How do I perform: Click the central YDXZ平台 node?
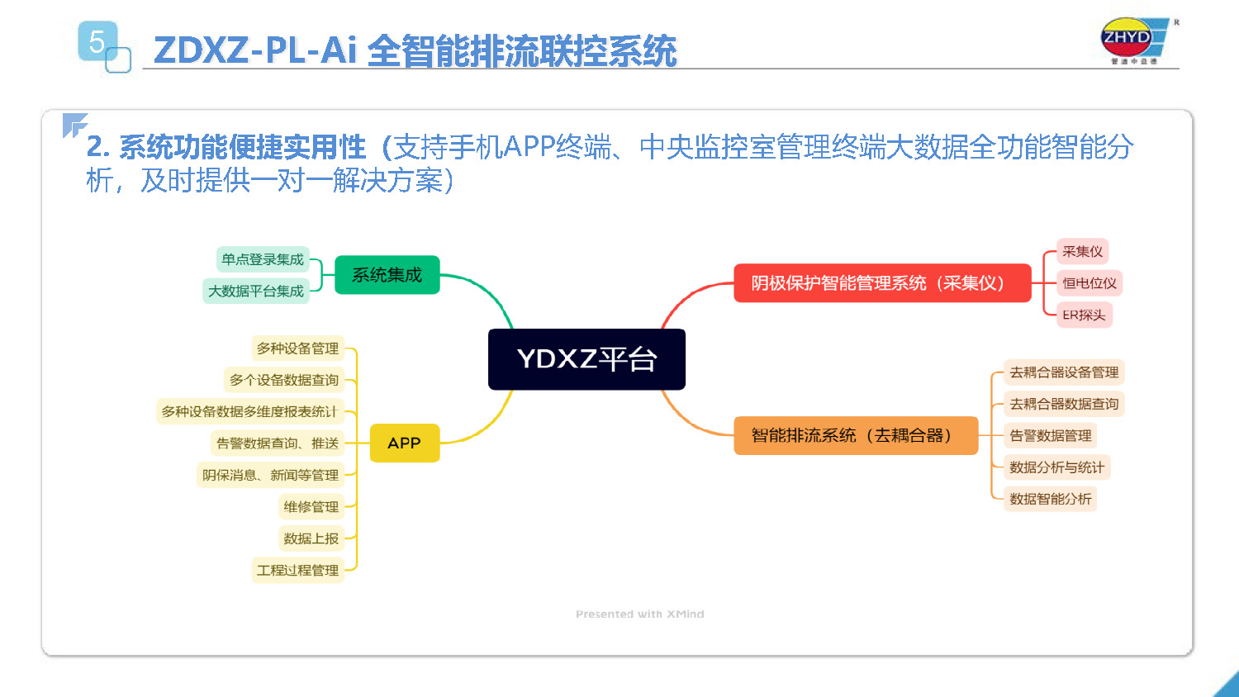tap(586, 359)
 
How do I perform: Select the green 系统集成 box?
tap(387, 275)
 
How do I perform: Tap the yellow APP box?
tap(404, 443)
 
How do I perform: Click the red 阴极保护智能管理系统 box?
tap(881, 283)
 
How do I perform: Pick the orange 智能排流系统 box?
tap(855, 435)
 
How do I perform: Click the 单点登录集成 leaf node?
tap(263, 259)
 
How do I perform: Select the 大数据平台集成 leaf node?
tap(256, 291)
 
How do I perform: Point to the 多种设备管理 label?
tap(297, 348)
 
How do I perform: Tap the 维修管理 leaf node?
tap(311, 506)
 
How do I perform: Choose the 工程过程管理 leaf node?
tap(297, 570)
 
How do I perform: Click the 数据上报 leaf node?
tap(311, 538)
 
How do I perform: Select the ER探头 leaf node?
tap(1084, 315)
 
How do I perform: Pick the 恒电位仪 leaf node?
tap(1089, 283)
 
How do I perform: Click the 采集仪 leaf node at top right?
tap(1082, 251)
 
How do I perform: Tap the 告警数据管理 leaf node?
tap(1050, 435)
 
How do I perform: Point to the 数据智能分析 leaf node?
tap(1050, 499)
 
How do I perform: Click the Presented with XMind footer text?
tap(639, 614)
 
